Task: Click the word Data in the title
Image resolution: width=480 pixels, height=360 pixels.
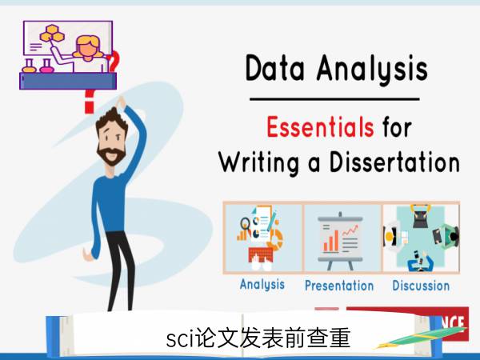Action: [x=275, y=68]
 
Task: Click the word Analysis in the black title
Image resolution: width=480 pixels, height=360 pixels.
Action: [x=372, y=70]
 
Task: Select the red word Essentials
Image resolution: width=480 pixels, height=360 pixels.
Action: [x=320, y=126]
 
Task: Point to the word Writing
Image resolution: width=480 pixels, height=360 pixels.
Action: [x=259, y=163]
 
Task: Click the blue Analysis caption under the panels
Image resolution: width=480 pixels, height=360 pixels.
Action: [x=262, y=284]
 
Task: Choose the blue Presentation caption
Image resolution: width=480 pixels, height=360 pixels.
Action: [x=339, y=286]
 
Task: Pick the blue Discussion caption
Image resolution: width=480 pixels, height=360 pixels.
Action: [x=421, y=286]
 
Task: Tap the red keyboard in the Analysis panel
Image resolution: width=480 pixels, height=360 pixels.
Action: [x=261, y=254]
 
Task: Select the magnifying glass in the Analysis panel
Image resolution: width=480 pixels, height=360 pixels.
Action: [x=245, y=224]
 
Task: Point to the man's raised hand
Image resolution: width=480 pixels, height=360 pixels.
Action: [x=121, y=102]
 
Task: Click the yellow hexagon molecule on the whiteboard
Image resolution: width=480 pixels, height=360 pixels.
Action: [x=52, y=34]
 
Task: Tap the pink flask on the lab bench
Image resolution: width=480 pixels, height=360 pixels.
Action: [x=46, y=66]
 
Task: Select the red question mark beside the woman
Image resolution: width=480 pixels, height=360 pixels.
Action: [x=113, y=61]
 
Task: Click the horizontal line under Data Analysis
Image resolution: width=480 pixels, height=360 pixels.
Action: [x=334, y=99]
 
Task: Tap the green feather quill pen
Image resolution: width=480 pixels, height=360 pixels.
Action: [x=421, y=338]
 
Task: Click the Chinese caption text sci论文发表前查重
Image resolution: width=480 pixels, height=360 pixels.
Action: [x=258, y=338]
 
